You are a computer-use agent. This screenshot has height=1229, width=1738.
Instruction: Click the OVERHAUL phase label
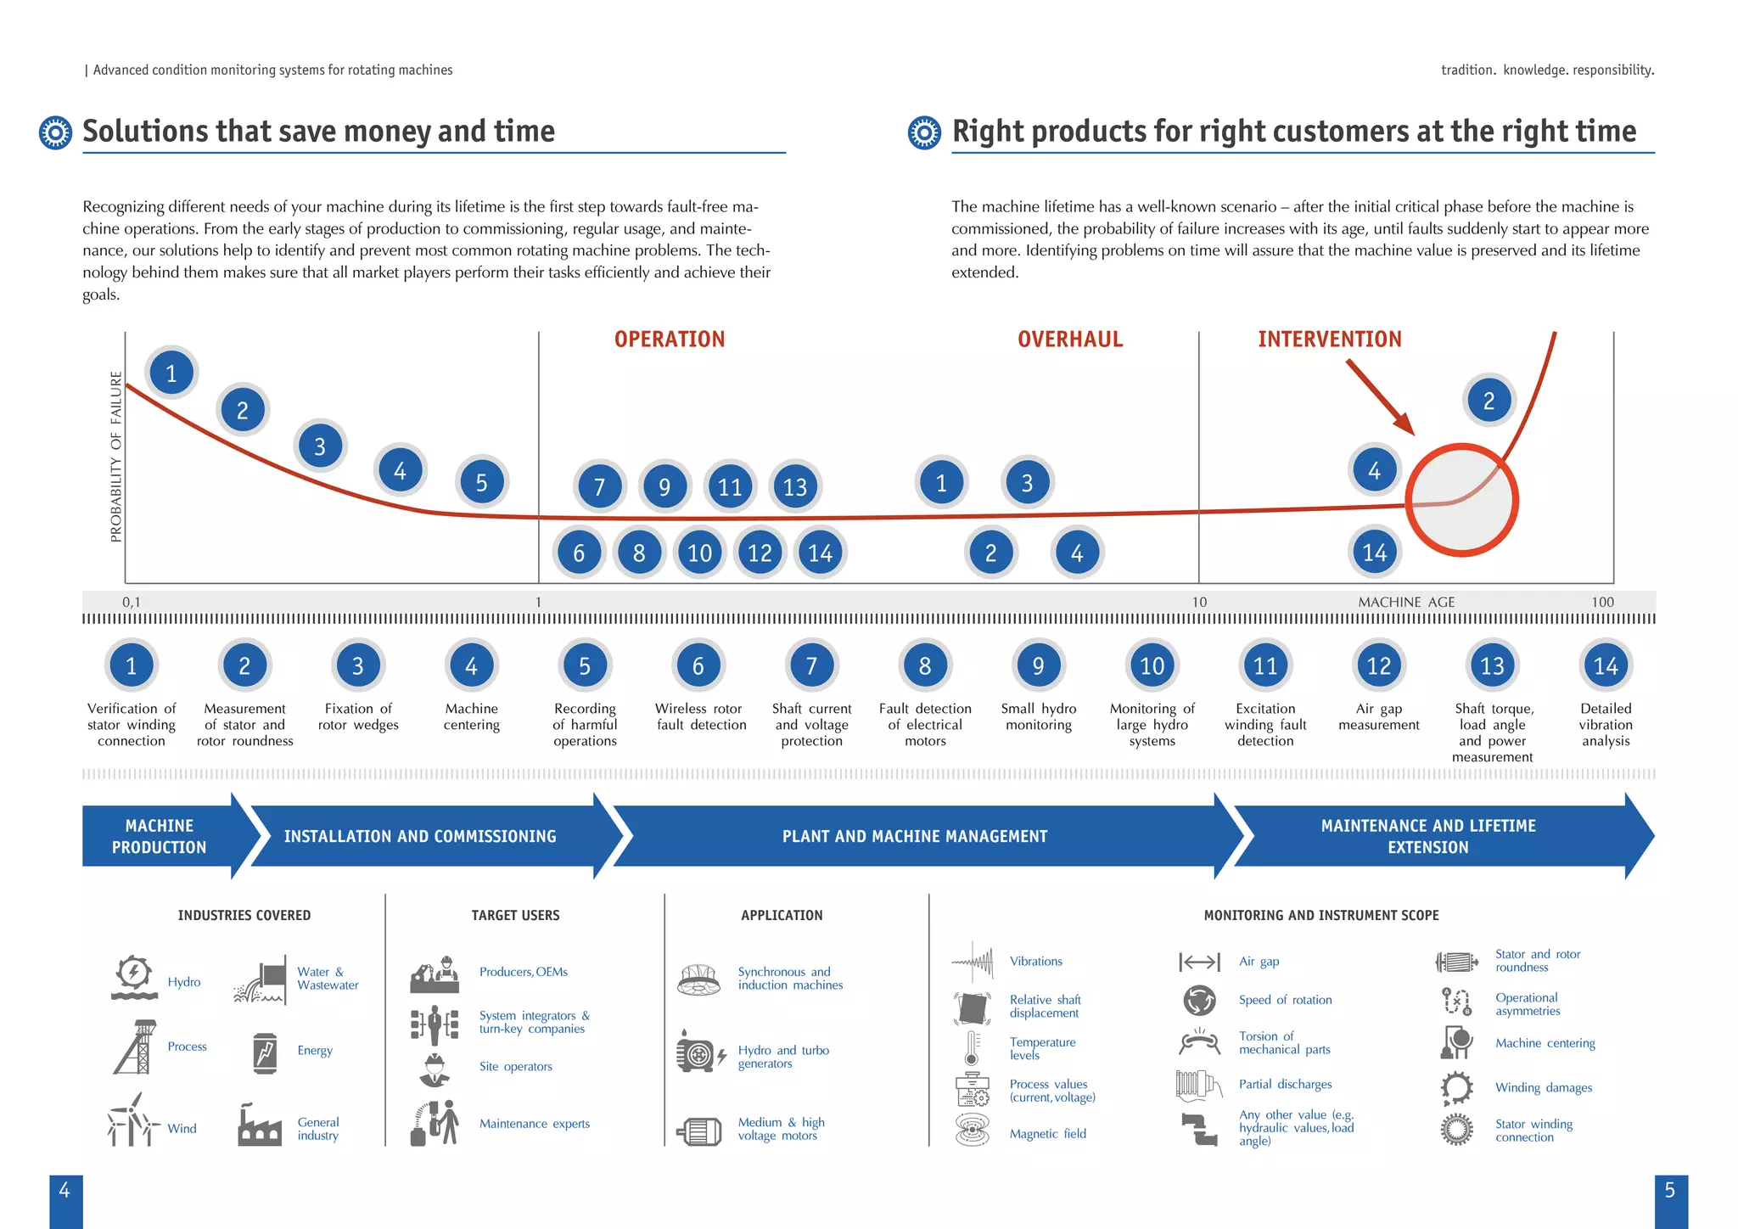click(x=1070, y=340)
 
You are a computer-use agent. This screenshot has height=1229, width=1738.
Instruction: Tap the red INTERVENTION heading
click(x=1329, y=340)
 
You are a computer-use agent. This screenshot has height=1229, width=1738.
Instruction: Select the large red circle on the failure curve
click(x=1461, y=500)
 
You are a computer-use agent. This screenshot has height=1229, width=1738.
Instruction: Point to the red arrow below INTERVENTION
click(x=1380, y=397)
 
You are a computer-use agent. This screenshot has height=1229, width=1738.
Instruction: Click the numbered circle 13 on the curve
click(x=795, y=486)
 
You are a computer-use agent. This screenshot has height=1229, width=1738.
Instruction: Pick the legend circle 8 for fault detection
click(x=925, y=665)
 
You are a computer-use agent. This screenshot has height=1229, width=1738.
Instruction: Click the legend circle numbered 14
click(x=1606, y=665)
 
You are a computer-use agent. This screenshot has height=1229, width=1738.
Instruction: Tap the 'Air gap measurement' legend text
click(x=1378, y=716)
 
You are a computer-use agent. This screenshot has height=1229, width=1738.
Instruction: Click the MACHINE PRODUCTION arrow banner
click(x=160, y=836)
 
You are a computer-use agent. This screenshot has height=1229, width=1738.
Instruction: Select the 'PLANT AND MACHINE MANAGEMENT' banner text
click(x=915, y=836)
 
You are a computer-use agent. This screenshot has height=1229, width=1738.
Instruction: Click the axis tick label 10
click(x=1198, y=602)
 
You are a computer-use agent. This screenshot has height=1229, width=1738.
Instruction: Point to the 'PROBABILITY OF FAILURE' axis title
click(x=116, y=457)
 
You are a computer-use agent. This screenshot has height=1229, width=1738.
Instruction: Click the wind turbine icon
click(x=133, y=1120)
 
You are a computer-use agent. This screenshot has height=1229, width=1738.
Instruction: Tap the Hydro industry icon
click(x=134, y=978)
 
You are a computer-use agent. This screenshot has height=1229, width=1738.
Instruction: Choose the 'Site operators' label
click(x=515, y=1067)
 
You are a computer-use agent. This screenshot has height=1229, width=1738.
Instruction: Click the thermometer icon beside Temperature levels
click(x=972, y=1047)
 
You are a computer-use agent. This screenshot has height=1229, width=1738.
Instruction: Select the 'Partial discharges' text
click(x=1285, y=1084)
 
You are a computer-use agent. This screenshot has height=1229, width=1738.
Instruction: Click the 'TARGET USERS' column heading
click(x=515, y=915)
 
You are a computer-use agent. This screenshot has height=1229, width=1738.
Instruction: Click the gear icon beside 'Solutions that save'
click(x=56, y=133)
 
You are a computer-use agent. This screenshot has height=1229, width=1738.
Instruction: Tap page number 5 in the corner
click(x=1669, y=1191)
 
